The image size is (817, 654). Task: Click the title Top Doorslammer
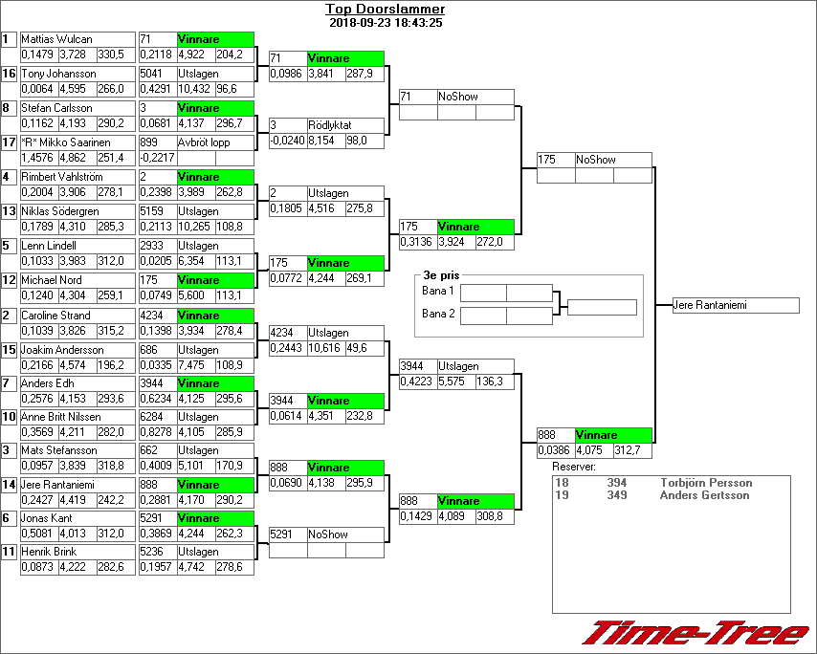pyautogui.click(x=385, y=10)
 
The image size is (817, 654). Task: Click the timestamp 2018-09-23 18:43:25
pyautogui.click(x=385, y=22)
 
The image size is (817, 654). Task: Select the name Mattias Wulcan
pyautogui.click(x=57, y=39)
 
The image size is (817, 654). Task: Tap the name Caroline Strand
pyautogui.click(x=55, y=316)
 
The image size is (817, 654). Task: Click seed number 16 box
pyautogui.click(x=9, y=74)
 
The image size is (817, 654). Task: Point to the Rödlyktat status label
pyautogui.click(x=331, y=125)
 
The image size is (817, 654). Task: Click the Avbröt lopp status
pyautogui.click(x=204, y=142)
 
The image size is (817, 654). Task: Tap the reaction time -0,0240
pyautogui.click(x=287, y=141)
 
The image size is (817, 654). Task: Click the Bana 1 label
pyautogui.click(x=437, y=291)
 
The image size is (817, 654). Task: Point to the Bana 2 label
pyautogui.click(x=437, y=314)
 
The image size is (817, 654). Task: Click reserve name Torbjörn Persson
pyautogui.click(x=706, y=483)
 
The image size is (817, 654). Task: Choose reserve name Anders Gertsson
pyautogui.click(x=705, y=495)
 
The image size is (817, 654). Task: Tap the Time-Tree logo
pyautogui.click(x=697, y=633)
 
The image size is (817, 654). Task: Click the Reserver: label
pyautogui.click(x=574, y=467)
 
